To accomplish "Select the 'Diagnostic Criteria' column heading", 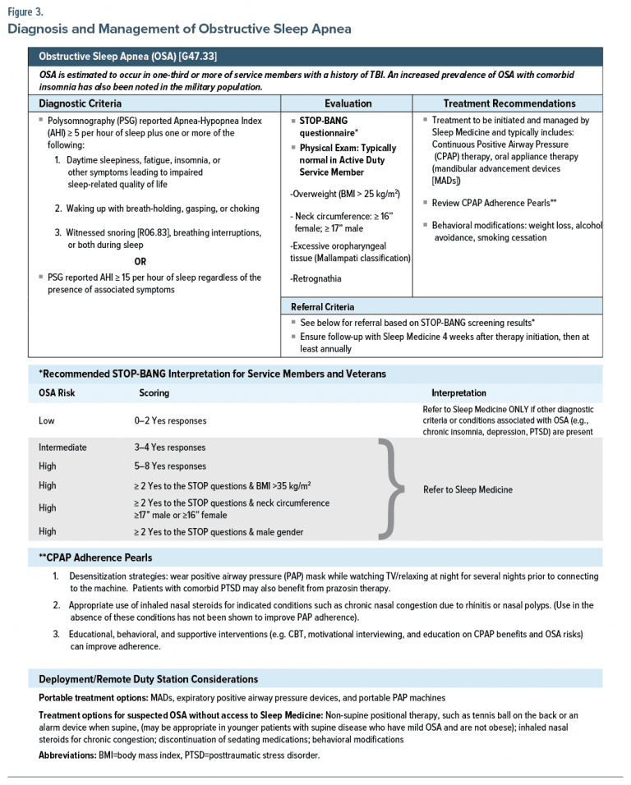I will (x=81, y=103).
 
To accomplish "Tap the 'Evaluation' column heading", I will (x=348, y=103).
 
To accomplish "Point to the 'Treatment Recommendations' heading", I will (x=509, y=103).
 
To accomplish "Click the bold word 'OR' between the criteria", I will (x=140, y=262).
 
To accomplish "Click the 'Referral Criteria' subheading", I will (x=323, y=306).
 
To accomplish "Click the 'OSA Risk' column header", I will (x=57, y=392).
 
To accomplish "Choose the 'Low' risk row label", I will (x=48, y=420).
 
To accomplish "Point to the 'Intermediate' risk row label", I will (x=62, y=448).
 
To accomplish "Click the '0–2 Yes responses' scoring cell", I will (x=170, y=420).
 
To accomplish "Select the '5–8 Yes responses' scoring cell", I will (x=170, y=466).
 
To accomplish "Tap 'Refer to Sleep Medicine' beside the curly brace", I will (x=467, y=489).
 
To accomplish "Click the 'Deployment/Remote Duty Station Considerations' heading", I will (x=148, y=679).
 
